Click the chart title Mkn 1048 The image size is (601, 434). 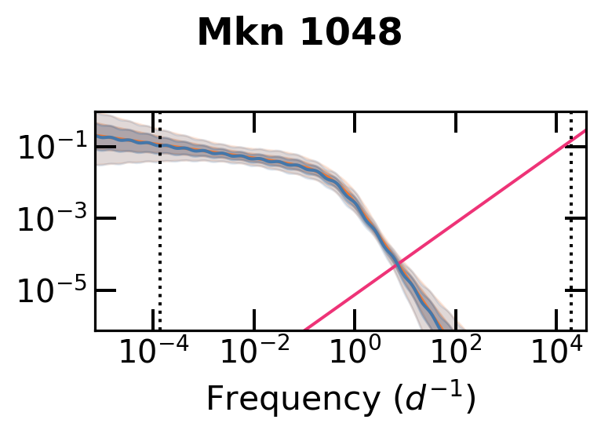tap(299, 34)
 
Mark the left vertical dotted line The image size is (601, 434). tap(160, 235)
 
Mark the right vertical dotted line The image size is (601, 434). tap(570, 235)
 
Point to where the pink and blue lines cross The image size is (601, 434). tap(398, 264)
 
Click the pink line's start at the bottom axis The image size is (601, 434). tap(305, 329)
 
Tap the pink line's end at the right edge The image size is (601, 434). tap(585, 131)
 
